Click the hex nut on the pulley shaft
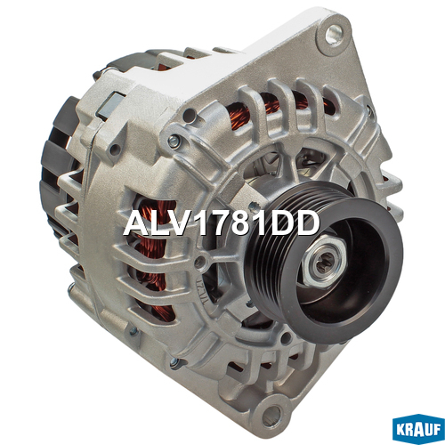click(323, 262)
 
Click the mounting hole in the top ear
click(335, 34)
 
